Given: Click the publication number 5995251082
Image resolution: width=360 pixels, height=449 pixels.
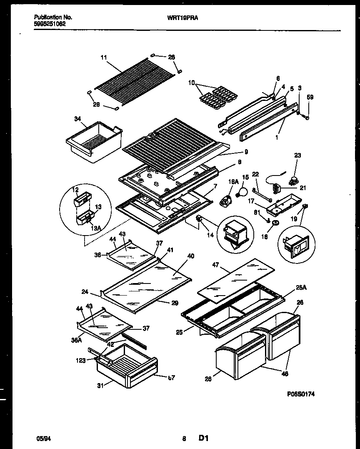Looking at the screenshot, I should coord(49,24).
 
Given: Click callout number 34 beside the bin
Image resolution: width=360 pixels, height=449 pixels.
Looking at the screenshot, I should coord(77,119).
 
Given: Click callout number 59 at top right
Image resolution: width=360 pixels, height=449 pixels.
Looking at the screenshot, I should coord(310,98).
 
